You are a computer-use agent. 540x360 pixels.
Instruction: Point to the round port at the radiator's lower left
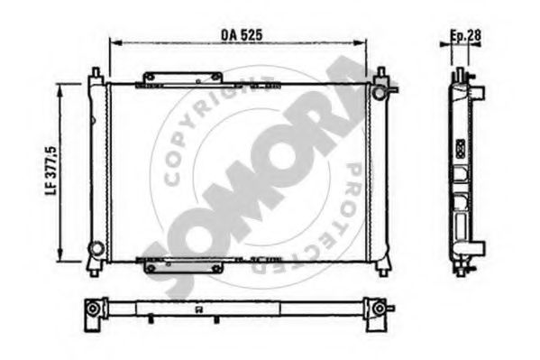point(95,247)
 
